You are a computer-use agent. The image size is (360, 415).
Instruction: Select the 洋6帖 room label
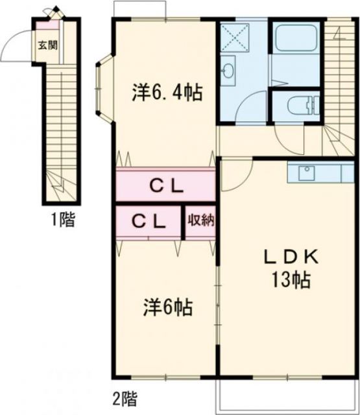click(x=167, y=306)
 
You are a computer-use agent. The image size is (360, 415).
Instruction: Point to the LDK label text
click(x=291, y=257)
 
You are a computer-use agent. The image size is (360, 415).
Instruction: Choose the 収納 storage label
click(x=200, y=220)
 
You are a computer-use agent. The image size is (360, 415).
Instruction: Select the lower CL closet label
click(x=149, y=220)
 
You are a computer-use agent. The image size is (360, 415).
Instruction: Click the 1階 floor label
click(x=63, y=220)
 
